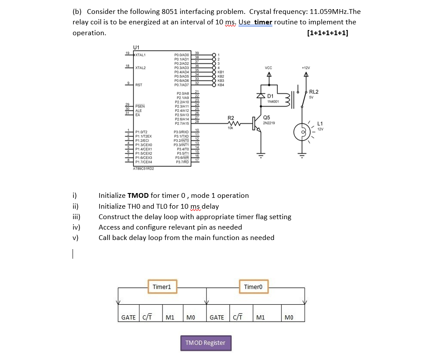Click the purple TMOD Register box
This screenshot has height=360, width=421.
click(x=206, y=343)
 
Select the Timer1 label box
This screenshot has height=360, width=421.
click(x=162, y=287)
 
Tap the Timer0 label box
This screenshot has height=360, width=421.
click(x=253, y=287)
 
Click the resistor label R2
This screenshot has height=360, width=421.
click(x=231, y=118)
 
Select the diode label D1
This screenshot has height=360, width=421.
click(x=270, y=96)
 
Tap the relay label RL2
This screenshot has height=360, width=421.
click(x=314, y=92)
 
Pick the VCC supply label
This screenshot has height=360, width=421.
click(x=268, y=68)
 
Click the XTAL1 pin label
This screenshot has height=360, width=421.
click(x=140, y=54)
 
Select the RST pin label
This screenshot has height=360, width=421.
click(x=139, y=85)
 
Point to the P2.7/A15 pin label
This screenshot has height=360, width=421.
click(x=182, y=123)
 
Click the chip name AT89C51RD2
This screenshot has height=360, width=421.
click(x=143, y=168)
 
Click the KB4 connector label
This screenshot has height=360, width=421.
click(x=220, y=85)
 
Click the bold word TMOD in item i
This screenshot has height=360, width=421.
click(x=138, y=196)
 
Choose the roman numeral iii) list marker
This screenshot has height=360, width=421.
click(x=76, y=217)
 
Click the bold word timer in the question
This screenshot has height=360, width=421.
click(x=263, y=22)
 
